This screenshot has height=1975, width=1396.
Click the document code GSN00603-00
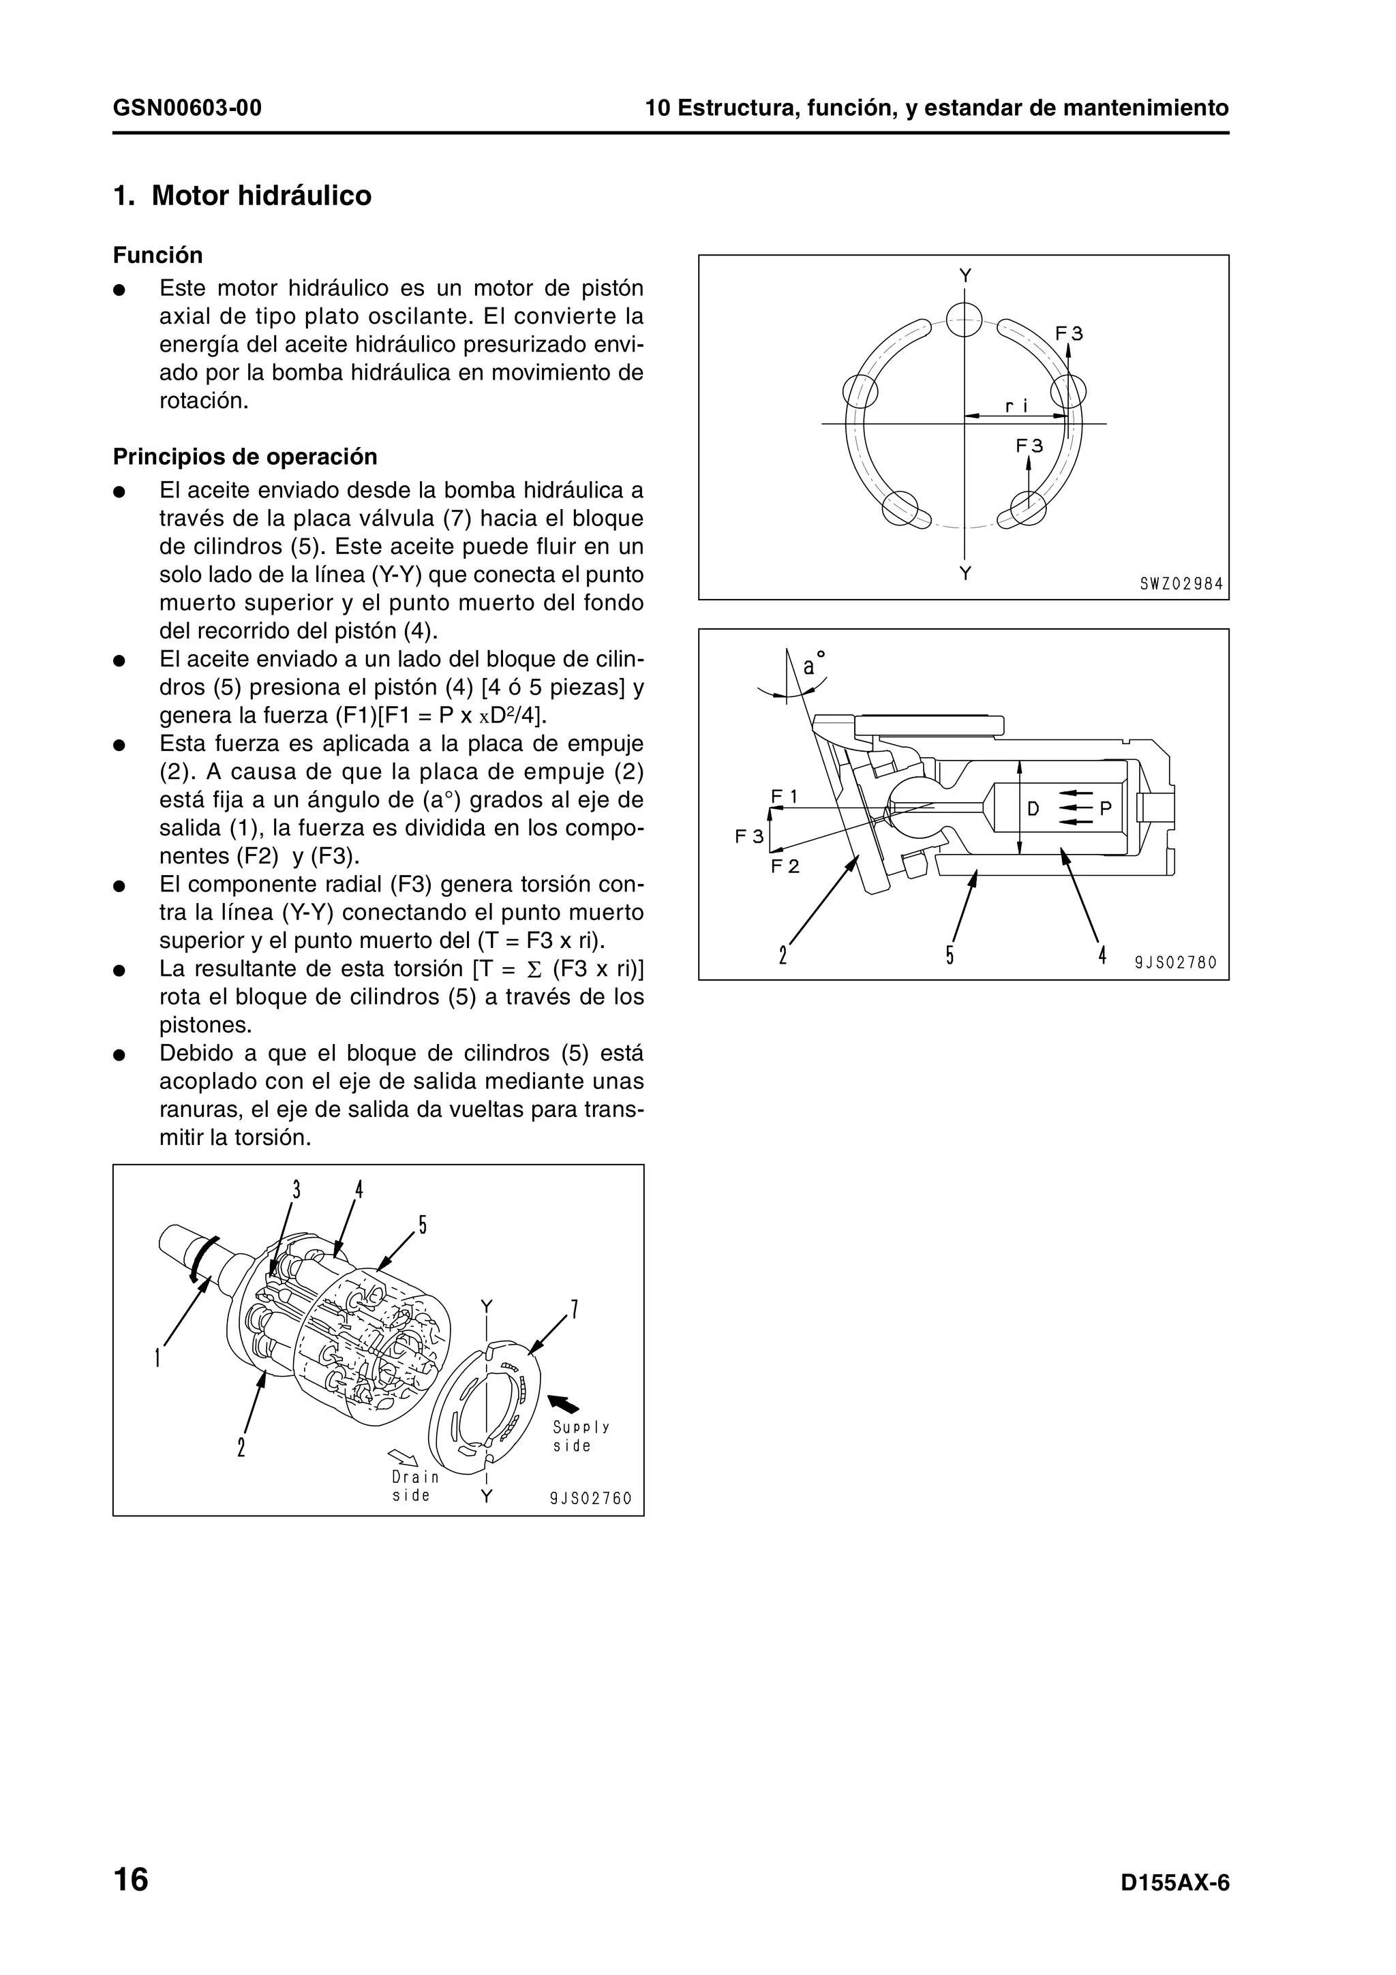pyautogui.click(x=187, y=108)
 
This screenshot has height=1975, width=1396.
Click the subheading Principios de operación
pyautogui.click(x=245, y=456)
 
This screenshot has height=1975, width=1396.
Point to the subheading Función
pyautogui.click(x=158, y=256)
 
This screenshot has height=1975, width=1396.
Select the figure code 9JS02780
pyautogui.click(x=1176, y=962)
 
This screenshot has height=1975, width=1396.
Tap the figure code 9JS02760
pyautogui.click(x=591, y=1499)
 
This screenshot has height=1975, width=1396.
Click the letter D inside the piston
pyautogui.click(x=1033, y=808)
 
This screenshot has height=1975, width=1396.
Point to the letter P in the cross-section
pyautogui.click(x=1105, y=808)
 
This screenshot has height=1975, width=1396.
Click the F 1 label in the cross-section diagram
pyautogui.click(x=784, y=797)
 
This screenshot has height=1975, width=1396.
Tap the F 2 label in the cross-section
pyautogui.click(x=785, y=866)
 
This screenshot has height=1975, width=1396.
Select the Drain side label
pyautogui.click(x=414, y=1486)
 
